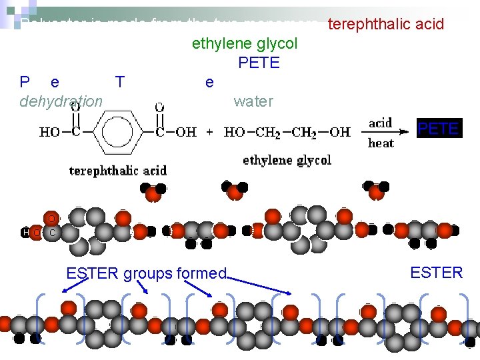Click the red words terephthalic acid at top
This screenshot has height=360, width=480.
(386, 25)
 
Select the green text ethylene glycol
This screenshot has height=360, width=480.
(245, 44)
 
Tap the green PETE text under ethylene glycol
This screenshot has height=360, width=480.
(259, 63)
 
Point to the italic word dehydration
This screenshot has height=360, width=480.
(61, 101)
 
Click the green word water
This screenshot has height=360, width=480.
(253, 101)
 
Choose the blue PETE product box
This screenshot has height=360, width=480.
(438, 128)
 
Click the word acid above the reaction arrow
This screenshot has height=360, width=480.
(381, 123)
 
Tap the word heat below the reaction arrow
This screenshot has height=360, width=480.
(381, 143)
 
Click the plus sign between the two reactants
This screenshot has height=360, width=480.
(210, 132)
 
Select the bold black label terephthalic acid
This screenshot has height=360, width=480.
(118, 170)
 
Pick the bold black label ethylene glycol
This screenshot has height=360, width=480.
(287, 160)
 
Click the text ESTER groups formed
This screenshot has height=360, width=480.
(147, 273)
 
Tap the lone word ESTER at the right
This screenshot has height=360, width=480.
(437, 273)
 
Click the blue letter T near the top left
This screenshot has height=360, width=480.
(119, 82)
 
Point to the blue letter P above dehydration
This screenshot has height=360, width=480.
(25, 82)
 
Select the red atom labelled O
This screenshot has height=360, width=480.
(51, 218)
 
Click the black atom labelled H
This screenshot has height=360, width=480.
(25, 233)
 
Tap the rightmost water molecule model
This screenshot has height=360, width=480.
(377, 190)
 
